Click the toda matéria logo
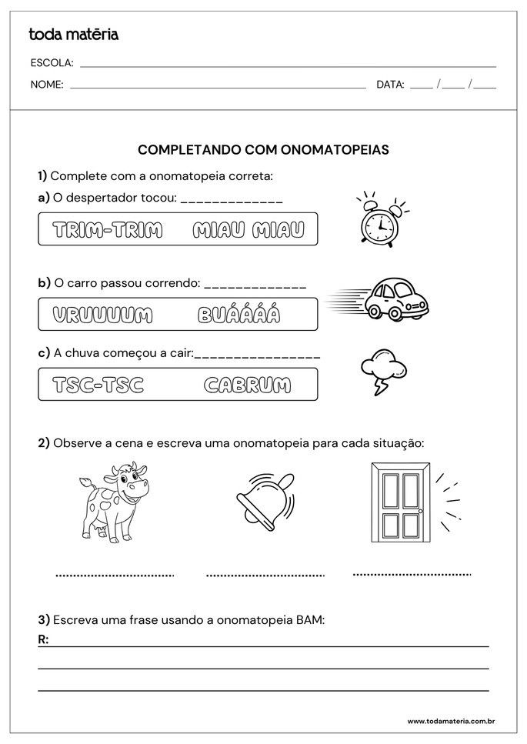[73, 34]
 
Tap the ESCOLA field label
[52, 62]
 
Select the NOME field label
[47, 85]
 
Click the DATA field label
[390, 85]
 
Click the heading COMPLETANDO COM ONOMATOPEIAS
[263, 150]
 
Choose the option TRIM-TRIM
[107, 229]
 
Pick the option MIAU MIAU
[248, 229]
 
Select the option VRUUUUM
[102, 315]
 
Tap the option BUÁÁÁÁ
[238, 315]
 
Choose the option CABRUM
[247, 385]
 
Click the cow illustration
[115, 503]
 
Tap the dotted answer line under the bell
[265, 575]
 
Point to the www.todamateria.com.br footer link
[450, 721]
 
